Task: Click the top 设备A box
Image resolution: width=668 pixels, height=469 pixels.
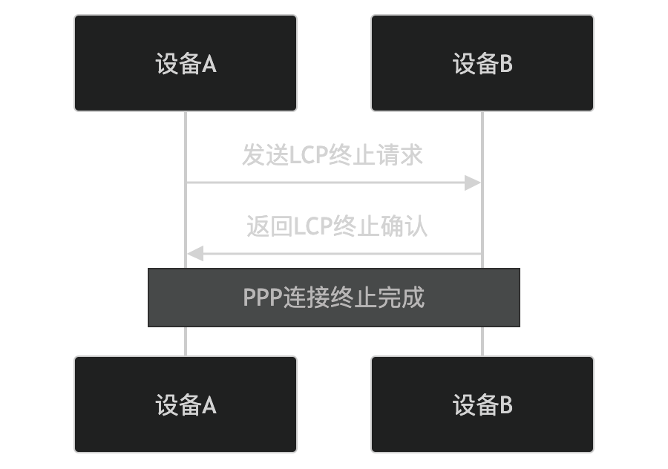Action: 186,63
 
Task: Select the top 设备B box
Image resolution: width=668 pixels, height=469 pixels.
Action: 482,63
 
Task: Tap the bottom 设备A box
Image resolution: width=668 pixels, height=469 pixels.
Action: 186,404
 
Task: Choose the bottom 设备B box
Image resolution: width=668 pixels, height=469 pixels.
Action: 482,404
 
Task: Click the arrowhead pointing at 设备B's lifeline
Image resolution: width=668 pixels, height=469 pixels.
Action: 474,183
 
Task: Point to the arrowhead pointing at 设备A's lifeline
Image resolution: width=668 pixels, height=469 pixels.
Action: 194,254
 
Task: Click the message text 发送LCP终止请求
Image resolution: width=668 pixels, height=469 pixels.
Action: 333,155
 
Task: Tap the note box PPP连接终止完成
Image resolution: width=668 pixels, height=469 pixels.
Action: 334,298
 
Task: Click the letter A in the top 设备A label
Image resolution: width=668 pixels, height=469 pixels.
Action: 209,65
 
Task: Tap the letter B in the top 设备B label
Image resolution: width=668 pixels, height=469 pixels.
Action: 505,65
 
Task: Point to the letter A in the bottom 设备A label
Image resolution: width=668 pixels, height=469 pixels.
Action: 209,406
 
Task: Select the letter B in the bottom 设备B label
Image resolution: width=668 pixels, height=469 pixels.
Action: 505,406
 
